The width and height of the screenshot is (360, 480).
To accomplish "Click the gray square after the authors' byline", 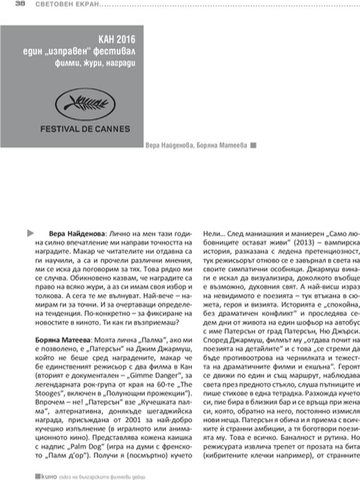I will click(x=253, y=146).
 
